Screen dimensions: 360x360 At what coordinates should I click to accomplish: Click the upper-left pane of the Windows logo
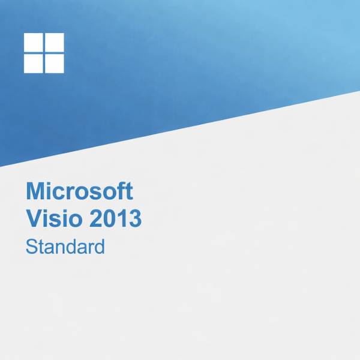[33, 43]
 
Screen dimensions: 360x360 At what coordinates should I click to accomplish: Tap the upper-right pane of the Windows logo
[54, 43]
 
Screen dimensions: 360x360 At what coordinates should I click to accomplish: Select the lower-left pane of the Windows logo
[33, 63]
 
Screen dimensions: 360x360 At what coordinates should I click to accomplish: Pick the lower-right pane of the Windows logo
[54, 63]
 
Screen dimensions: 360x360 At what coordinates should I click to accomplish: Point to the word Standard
[65, 246]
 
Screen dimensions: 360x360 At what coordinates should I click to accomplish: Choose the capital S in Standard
[31, 246]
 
